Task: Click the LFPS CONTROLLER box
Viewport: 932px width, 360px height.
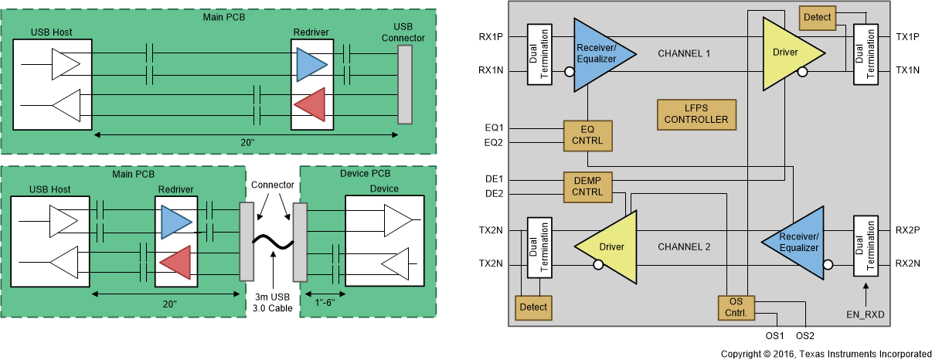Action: click(696, 114)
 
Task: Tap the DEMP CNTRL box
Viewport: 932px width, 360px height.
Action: click(587, 185)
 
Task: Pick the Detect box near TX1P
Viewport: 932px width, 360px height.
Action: click(817, 17)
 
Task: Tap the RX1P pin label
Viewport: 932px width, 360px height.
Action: click(492, 36)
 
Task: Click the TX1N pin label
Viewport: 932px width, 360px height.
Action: click(908, 70)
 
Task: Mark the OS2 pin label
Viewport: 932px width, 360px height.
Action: click(805, 336)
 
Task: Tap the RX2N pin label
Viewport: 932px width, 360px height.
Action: click(908, 263)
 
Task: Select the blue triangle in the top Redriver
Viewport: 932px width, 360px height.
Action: click(313, 62)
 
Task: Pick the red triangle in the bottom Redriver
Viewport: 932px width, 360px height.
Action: click(175, 260)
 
